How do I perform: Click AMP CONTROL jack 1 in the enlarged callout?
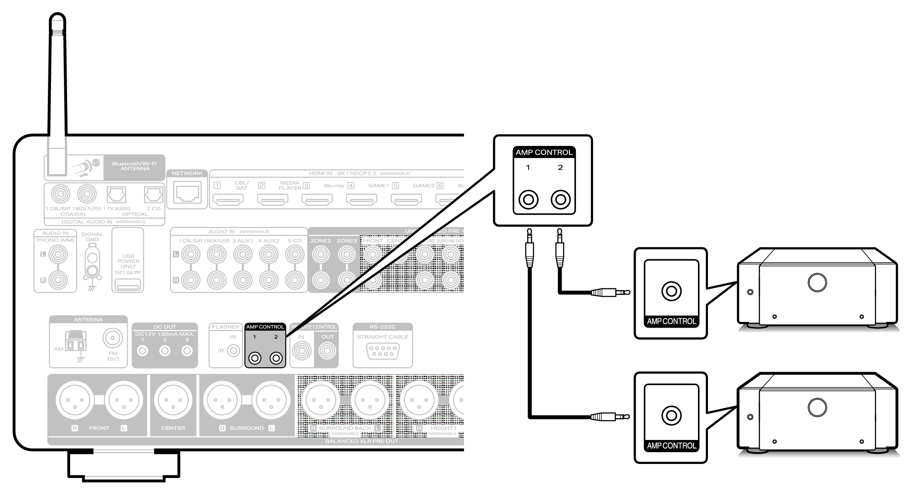pyautogui.click(x=528, y=200)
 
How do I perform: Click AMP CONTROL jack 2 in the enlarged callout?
pyautogui.click(x=560, y=200)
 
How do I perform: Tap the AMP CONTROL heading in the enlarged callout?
pyautogui.click(x=544, y=152)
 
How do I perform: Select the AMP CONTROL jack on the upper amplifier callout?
pyautogui.click(x=671, y=291)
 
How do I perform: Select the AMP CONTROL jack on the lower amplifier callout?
pyautogui.click(x=671, y=416)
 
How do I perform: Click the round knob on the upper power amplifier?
pyautogui.click(x=817, y=282)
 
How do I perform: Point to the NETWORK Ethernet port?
pyautogui.click(x=187, y=193)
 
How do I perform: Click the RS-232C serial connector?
pyautogui.click(x=383, y=351)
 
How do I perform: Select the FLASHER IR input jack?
pyautogui.click(x=234, y=350)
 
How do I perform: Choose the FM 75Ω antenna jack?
pyautogui.click(x=112, y=338)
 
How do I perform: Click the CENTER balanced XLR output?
pyautogui.click(x=173, y=400)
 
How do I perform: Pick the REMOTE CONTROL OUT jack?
pyautogui.click(x=327, y=351)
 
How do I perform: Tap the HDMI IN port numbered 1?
pyautogui.click(x=228, y=200)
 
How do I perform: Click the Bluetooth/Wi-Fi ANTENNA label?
pyautogui.click(x=134, y=166)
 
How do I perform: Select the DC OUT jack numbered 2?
pyautogui.click(x=165, y=351)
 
